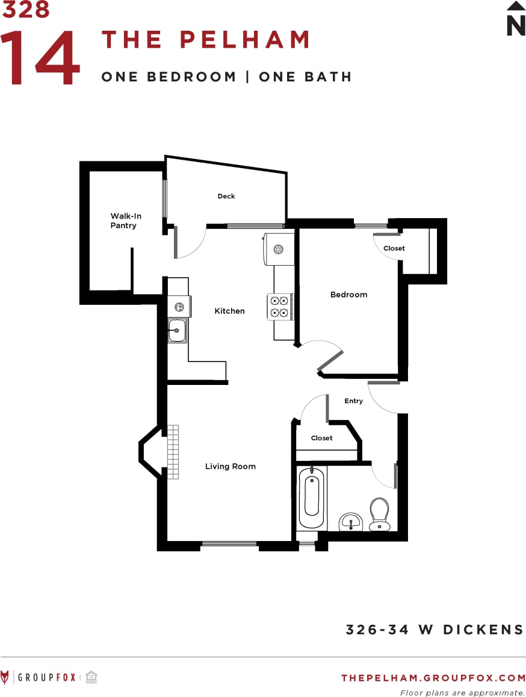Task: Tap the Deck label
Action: (226, 196)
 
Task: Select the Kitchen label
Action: (230, 311)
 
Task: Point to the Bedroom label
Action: (348, 295)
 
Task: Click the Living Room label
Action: (231, 466)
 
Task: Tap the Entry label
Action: (354, 401)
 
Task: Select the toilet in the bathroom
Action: (379, 513)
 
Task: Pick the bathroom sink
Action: (350, 521)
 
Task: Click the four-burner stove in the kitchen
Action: (279, 307)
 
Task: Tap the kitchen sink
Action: (177, 330)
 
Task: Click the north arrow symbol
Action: (516, 19)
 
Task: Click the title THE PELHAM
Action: (206, 40)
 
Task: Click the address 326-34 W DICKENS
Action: (435, 630)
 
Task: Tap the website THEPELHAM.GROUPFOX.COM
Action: (433, 678)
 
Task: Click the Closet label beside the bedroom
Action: (394, 248)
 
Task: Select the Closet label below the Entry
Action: (322, 438)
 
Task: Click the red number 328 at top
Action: (26, 10)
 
